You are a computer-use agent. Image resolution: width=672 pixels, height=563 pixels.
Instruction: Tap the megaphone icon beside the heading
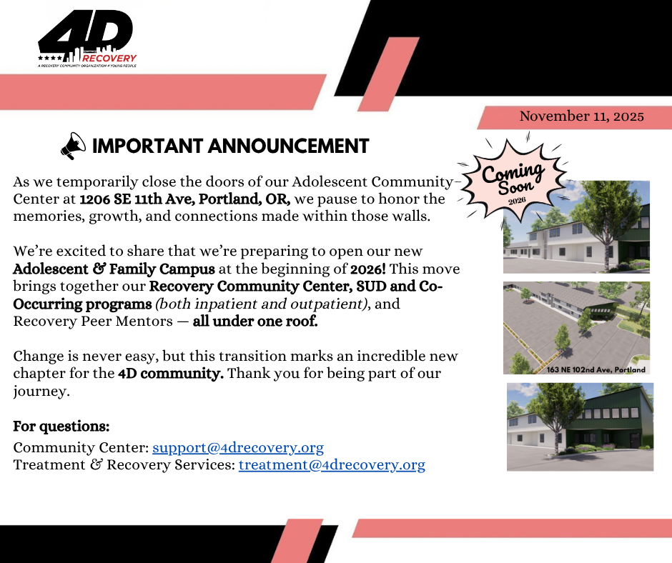click(x=73, y=146)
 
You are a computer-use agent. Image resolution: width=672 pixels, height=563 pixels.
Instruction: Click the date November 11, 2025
click(x=581, y=116)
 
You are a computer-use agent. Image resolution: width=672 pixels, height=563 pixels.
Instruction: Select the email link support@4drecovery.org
click(x=238, y=448)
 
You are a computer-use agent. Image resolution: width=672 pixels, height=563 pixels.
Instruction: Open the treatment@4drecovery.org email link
click(x=332, y=465)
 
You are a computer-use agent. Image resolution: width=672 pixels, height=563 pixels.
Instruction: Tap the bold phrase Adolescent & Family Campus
click(x=114, y=269)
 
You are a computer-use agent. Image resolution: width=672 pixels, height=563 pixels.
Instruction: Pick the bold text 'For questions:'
click(x=61, y=427)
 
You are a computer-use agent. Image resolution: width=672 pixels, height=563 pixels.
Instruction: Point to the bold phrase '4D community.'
click(x=171, y=373)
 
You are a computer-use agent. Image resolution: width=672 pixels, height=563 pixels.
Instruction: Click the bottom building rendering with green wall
click(x=580, y=427)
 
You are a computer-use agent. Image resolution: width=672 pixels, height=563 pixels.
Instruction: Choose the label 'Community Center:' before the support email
click(x=81, y=448)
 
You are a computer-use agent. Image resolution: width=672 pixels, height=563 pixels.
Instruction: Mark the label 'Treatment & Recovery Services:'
click(x=124, y=465)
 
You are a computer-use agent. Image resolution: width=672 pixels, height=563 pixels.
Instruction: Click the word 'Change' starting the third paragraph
click(x=37, y=356)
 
